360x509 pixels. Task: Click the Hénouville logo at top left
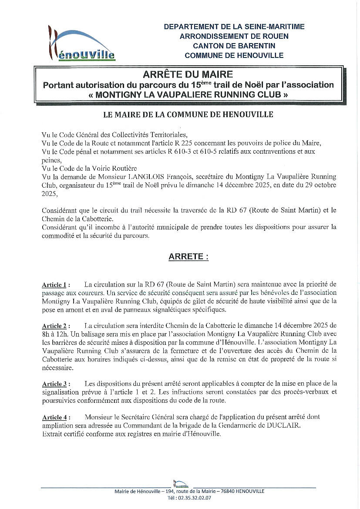pos(81,43)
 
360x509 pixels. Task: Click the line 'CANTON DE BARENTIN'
pos(234,46)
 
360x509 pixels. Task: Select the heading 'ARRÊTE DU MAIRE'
pos(188,74)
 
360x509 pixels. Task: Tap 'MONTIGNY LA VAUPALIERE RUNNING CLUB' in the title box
pos(188,94)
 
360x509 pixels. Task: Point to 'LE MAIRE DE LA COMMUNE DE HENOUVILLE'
pos(188,115)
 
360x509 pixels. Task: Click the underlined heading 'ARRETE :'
pos(188,257)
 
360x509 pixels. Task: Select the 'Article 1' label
pos(54,285)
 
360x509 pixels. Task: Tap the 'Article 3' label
pos(54,384)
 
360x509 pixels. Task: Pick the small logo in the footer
pos(181,483)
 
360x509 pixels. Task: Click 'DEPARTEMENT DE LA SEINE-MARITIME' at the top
pos(234,27)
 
